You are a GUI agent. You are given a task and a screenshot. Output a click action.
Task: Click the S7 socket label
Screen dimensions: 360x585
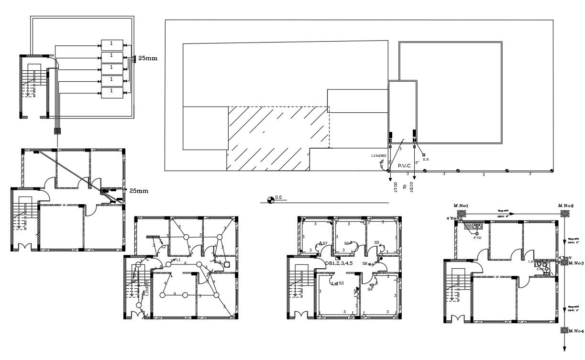tap(325, 243)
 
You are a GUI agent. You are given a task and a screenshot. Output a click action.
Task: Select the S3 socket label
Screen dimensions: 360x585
tap(341, 284)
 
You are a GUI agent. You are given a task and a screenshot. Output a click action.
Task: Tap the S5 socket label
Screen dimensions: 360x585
tap(377, 243)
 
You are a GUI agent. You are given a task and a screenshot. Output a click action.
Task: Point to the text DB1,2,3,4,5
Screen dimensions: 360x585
tap(339, 263)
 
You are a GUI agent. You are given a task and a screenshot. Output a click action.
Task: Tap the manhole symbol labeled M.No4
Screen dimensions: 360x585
tap(564, 330)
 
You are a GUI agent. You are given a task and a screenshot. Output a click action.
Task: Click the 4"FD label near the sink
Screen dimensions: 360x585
tap(477, 238)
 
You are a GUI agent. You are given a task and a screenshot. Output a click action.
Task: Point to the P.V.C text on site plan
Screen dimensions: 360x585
tap(405, 165)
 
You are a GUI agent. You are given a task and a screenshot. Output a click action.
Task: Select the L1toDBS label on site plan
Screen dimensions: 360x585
tap(378, 155)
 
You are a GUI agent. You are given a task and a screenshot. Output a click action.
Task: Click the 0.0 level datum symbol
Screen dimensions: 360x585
tap(271, 198)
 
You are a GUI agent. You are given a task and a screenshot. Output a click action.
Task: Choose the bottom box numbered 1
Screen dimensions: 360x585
tap(111, 91)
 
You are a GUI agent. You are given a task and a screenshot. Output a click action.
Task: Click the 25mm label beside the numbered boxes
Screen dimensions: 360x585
tap(148, 58)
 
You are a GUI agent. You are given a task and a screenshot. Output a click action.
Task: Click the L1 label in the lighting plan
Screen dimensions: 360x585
tap(178, 260)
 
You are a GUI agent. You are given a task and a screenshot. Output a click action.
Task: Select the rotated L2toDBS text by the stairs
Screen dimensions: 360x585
tap(147, 286)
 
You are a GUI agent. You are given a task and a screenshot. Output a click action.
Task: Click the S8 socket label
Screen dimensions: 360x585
tap(364, 263)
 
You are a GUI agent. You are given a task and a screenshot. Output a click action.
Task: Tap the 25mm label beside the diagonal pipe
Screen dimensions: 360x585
tap(139, 191)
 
